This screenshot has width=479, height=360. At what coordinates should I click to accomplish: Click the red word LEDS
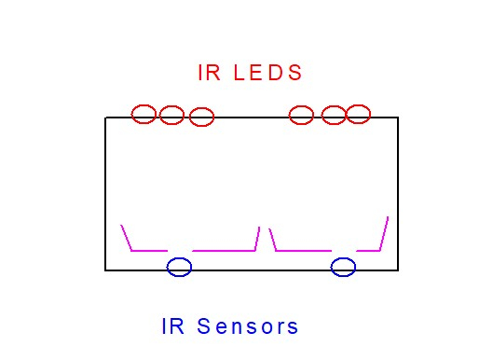click(267, 73)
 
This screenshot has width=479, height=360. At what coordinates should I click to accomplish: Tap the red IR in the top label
click(209, 73)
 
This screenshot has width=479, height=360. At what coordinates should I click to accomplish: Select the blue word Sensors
click(248, 326)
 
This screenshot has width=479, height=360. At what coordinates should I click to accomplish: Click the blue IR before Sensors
click(172, 326)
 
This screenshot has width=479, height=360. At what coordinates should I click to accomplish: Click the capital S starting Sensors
click(204, 326)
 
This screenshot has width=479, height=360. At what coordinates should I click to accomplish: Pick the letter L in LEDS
click(239, 73)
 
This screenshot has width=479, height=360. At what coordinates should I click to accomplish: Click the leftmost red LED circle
click(131, 114)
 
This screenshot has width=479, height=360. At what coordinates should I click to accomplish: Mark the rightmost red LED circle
click(370, 114)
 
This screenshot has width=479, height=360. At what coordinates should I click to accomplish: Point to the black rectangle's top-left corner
click(105, 118)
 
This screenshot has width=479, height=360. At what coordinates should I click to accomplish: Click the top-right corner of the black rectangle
click(398, 118)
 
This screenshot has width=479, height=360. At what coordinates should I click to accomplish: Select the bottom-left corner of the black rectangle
click(105, 270)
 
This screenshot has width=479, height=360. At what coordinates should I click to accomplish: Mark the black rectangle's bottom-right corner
click(398, 270)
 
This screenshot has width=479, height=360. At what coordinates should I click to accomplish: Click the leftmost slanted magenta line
click(126, 238)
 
